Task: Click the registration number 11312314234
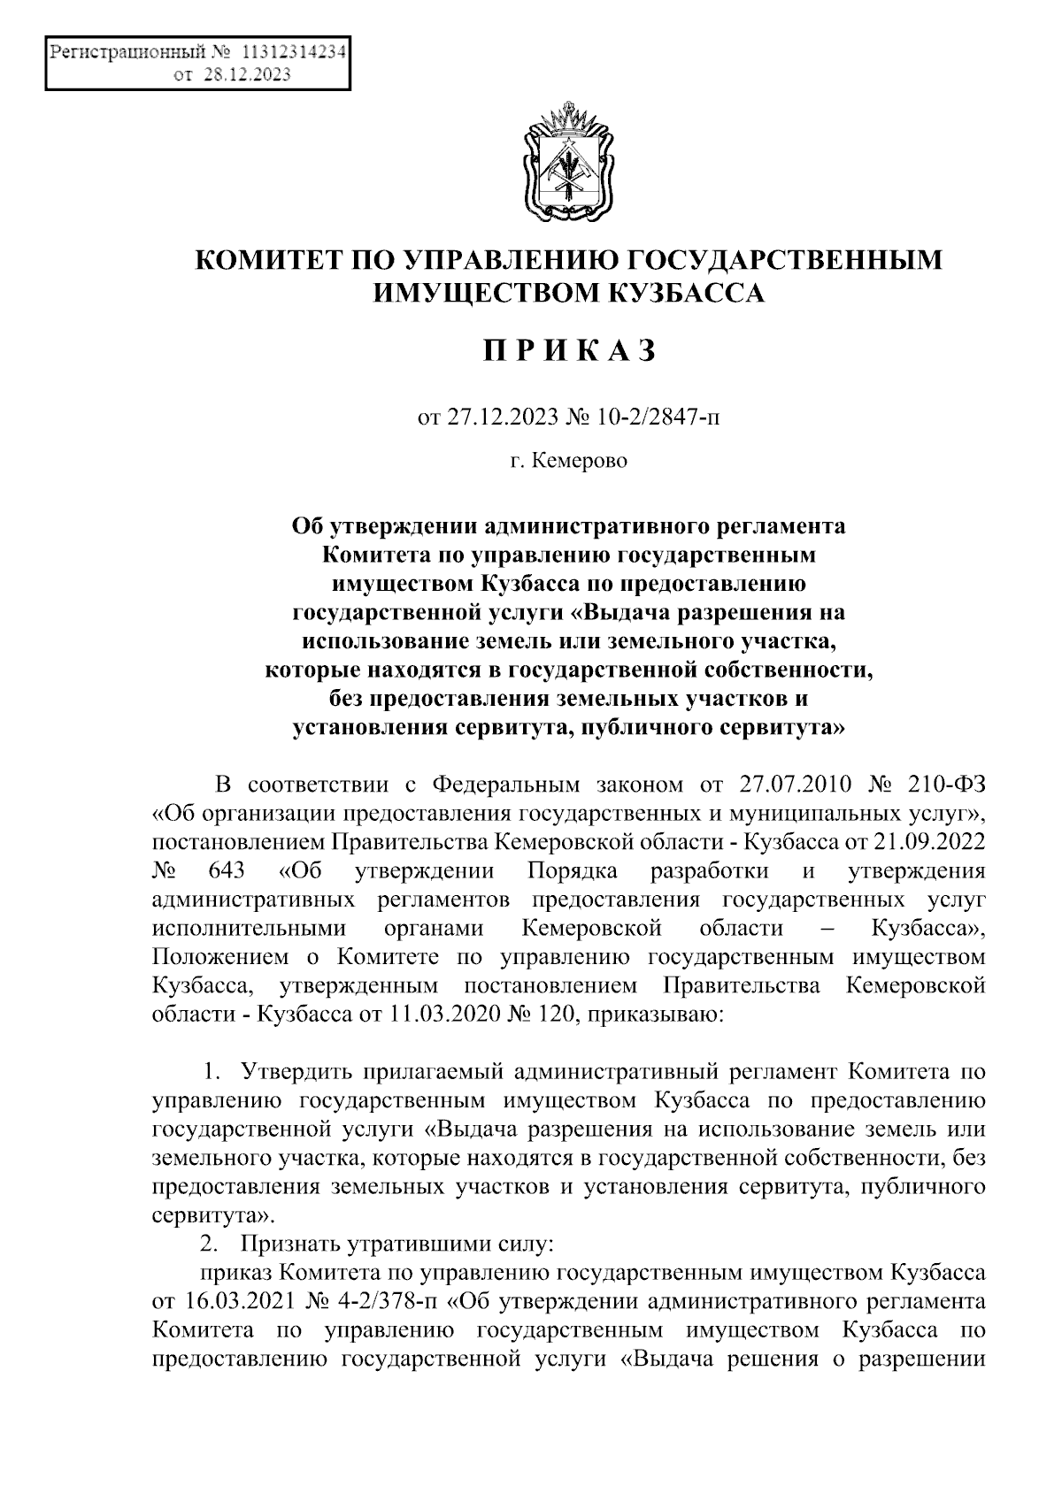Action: (293, 52)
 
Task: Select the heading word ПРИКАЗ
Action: (569, 351)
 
